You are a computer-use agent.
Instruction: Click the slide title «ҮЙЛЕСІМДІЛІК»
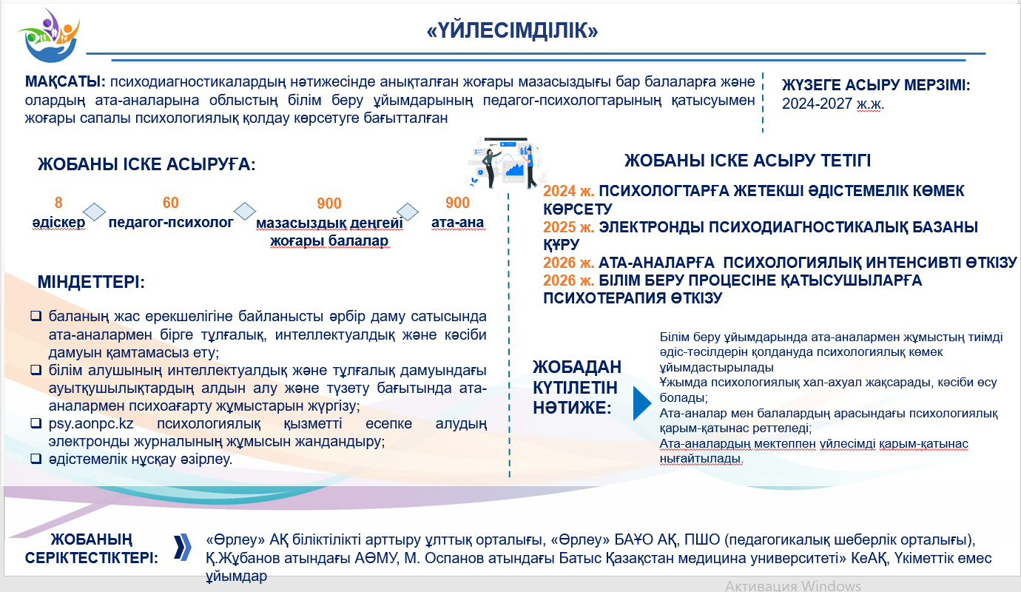click(x=512, y=30)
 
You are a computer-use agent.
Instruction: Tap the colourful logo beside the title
click(x=50, y=36)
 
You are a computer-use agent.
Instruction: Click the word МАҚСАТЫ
click(x=65, y=81)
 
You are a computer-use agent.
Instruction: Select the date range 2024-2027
click(x=817, y=104)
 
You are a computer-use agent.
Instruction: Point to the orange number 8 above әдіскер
click(x=58, y=202)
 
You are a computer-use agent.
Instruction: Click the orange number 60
click(x=170, y=202)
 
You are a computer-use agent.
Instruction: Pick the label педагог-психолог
click(x=171, y=223)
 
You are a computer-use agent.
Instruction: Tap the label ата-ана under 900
click(x=458, y=223)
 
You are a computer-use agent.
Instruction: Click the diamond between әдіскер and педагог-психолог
click(x=95, y=212)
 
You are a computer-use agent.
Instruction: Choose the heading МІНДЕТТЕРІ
click(x=91, y=282)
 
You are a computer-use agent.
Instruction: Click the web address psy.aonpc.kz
click(x=91, y=424)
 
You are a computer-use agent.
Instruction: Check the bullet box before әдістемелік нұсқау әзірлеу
click(x=36, y=458)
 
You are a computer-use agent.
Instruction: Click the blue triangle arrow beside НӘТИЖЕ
click(x=641, y=403)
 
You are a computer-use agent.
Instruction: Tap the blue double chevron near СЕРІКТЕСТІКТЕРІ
click(x=182, y=548)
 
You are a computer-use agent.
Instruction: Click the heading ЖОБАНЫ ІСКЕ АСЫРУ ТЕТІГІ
click(x=747, y=161)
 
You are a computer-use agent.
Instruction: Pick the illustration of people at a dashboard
click(x=506, y=163)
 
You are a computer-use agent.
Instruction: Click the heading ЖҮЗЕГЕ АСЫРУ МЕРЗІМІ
click(x=876, y=85)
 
